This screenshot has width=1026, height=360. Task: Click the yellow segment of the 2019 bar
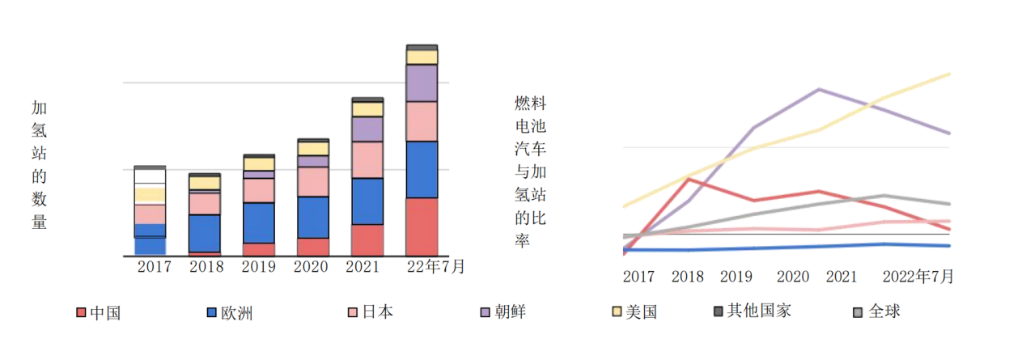tap(259, 163)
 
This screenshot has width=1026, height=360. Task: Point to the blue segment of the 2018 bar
tap(205, 233)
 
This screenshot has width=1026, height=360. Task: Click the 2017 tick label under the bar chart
tap(154, 266)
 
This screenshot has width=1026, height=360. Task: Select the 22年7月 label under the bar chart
tap(435, 266)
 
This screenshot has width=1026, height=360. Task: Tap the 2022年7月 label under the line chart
tap(918, 277)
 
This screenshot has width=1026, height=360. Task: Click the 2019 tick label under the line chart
tap(736, 277)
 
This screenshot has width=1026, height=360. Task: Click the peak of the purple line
tap(820, 89)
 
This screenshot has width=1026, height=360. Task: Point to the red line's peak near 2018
tap(689, 179)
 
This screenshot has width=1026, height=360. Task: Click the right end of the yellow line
tap(948, 74)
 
